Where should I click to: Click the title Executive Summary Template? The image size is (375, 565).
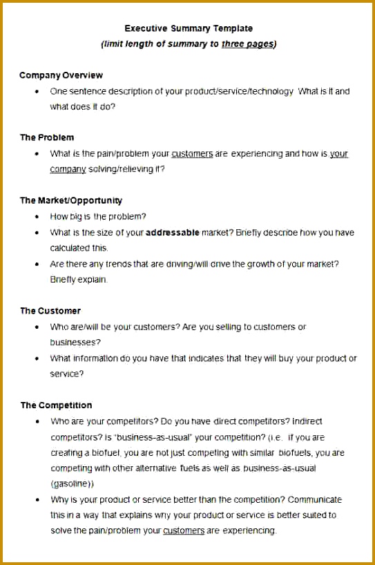(x=188, y=28)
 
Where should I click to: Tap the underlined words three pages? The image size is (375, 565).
(x=247, y=44)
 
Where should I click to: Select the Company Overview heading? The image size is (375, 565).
(x=61, y=75)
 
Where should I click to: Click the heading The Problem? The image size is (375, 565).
(x=47, y=137)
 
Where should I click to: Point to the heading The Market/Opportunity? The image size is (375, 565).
(x=71, y=200)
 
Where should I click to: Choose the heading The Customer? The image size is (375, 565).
(x=50, y=311)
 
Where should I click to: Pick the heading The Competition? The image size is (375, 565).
(x=56, y=405)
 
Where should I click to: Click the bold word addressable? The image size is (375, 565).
(x=173, y=233)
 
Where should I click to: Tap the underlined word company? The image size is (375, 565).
(x=68, y=169)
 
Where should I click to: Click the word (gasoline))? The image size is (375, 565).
(x=73, y=484)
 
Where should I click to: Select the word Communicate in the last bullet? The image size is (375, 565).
(x=315, y=499)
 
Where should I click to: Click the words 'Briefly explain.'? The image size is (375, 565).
(x=79, y=280)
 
